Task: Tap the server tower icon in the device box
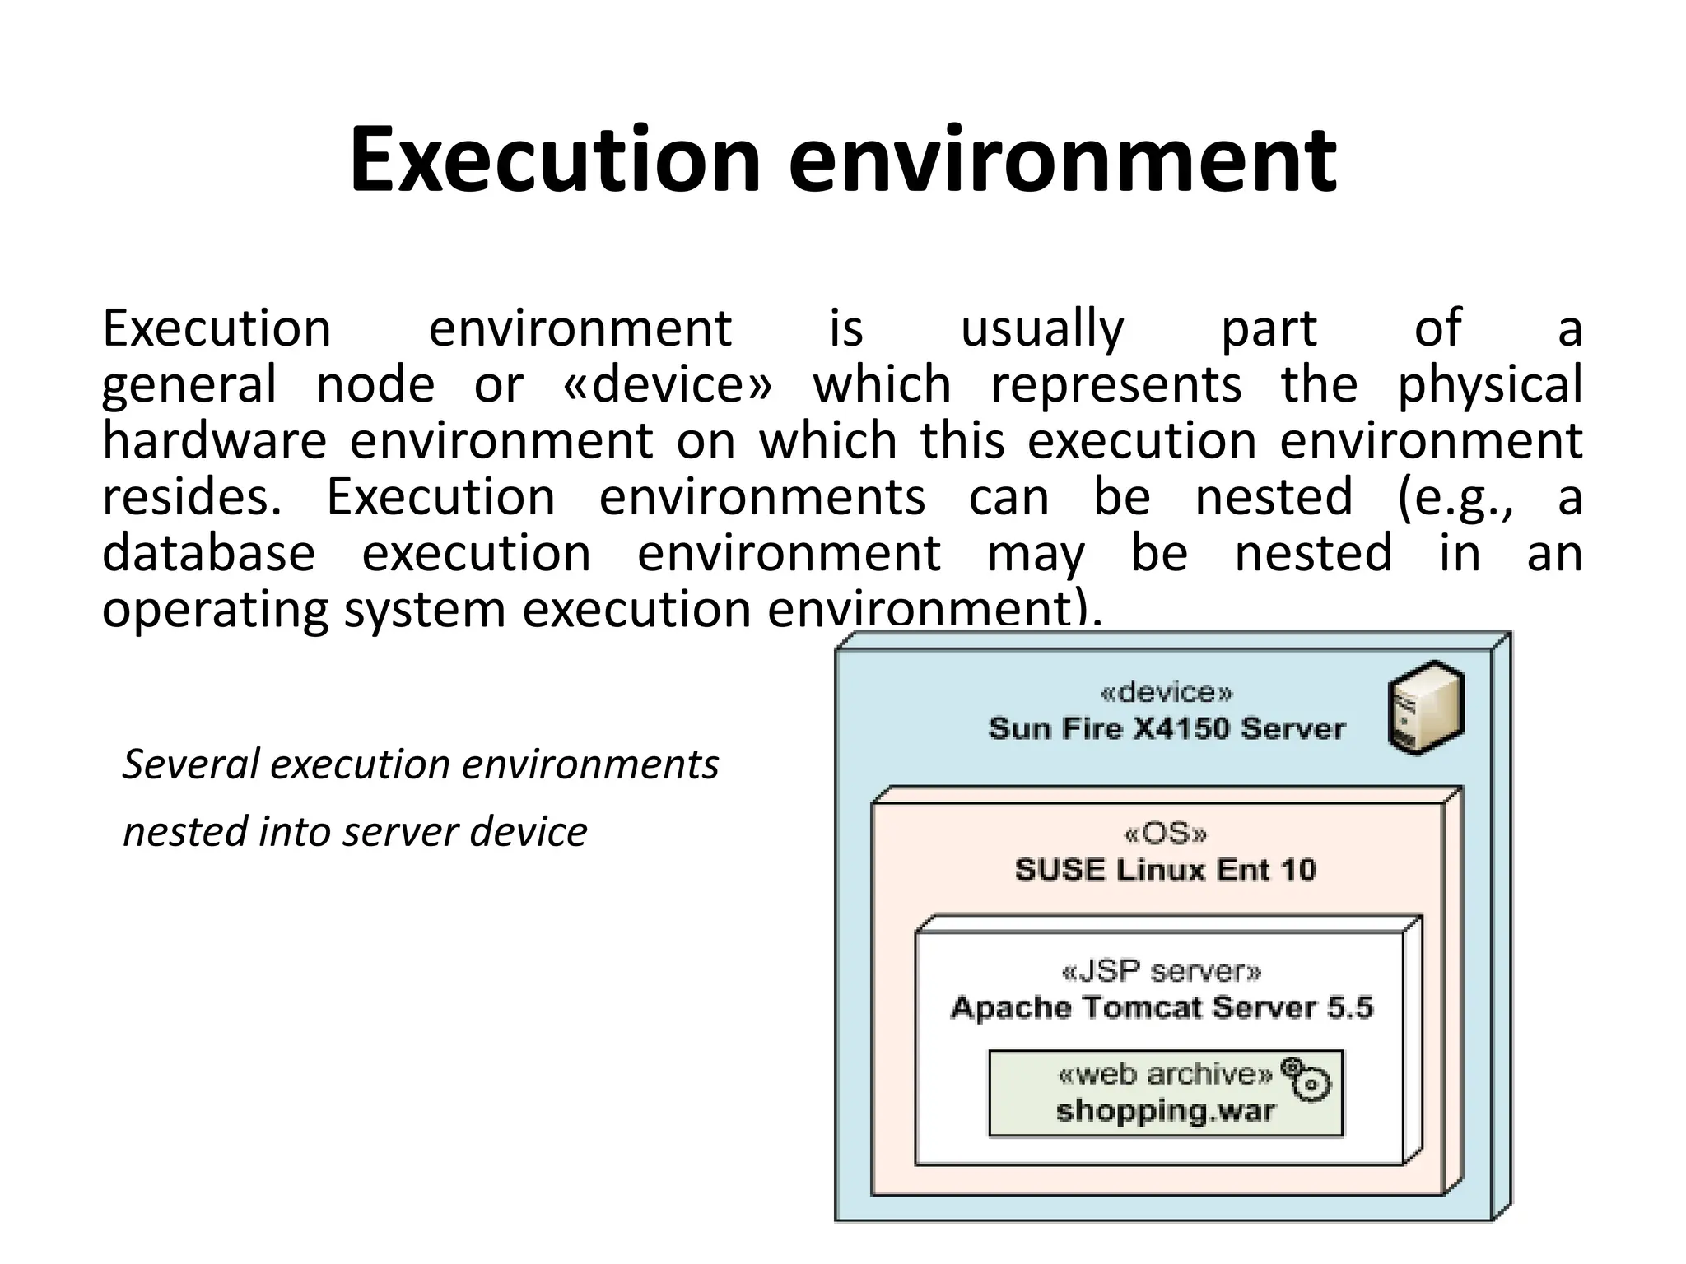tap(1426, 708)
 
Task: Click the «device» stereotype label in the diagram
tap(1166, 693)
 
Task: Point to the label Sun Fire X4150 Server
tap(1166, 728)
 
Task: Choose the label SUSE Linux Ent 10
tap(1165, 870)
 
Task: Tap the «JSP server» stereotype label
tap(1161, 973)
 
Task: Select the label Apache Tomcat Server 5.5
tap(1161, 1008)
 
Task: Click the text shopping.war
tap(1165, 1111)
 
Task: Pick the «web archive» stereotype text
tap(1164, 1074)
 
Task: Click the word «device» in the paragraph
tap(668, 384)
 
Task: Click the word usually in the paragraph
tap(1042, 329)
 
